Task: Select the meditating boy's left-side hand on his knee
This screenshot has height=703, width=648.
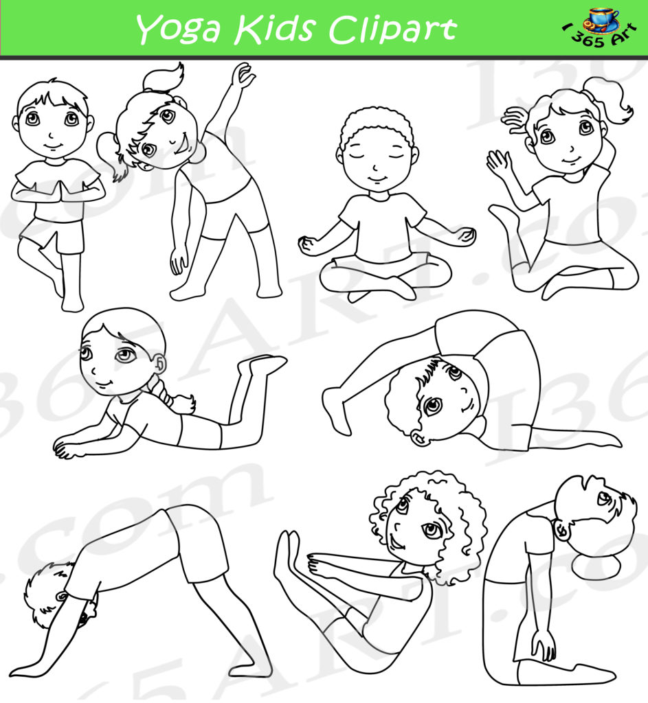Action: pos(309,244)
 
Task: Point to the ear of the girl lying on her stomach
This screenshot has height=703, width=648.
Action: pos(159,362)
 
